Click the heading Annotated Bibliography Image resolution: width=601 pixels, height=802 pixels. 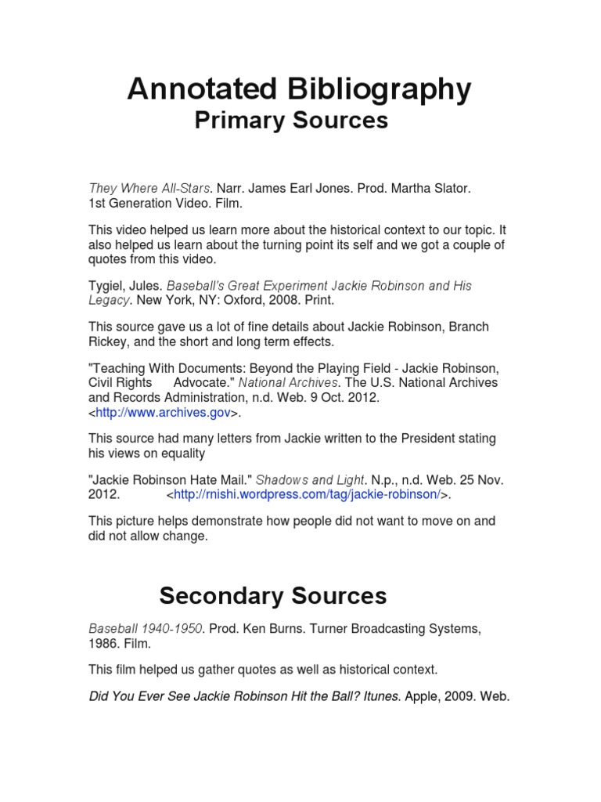click(x=300, y=90)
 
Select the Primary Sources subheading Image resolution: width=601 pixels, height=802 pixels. click(x=290, y=121)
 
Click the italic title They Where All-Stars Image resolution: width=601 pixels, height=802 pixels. click(x=149, y=188)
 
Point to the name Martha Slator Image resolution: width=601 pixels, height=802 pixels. click(x=435, y=188)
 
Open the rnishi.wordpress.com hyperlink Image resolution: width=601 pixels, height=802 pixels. click(x=309, y=495)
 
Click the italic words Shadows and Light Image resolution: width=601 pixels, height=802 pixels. click(x=310, y=479)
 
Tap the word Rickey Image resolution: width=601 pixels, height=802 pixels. click(x=109, y=341)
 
